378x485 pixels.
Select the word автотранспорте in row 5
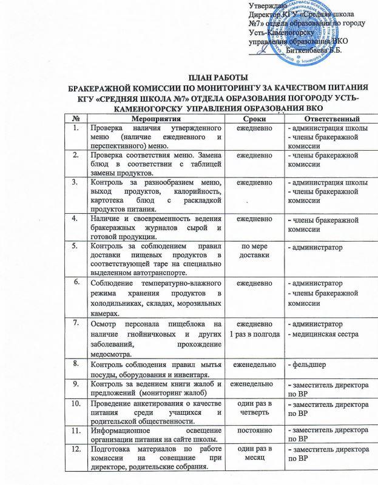click(140, 272)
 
